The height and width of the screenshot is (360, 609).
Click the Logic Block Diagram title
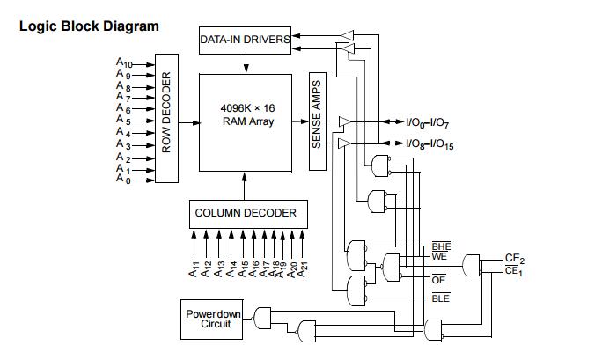point(89,26)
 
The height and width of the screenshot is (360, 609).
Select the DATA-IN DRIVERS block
point(246,40)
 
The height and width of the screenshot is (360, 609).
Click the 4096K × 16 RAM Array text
point(246,114)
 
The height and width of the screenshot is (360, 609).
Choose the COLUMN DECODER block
point(246,213)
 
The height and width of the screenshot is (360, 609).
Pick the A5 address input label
point(123,121)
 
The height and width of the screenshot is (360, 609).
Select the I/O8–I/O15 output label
point(429,144)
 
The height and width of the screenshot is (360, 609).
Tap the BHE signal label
point(440,246)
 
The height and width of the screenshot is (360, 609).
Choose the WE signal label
point(440,256)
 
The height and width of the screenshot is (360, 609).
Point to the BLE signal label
point(440,299)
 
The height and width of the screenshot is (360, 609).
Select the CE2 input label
point(515,258)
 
